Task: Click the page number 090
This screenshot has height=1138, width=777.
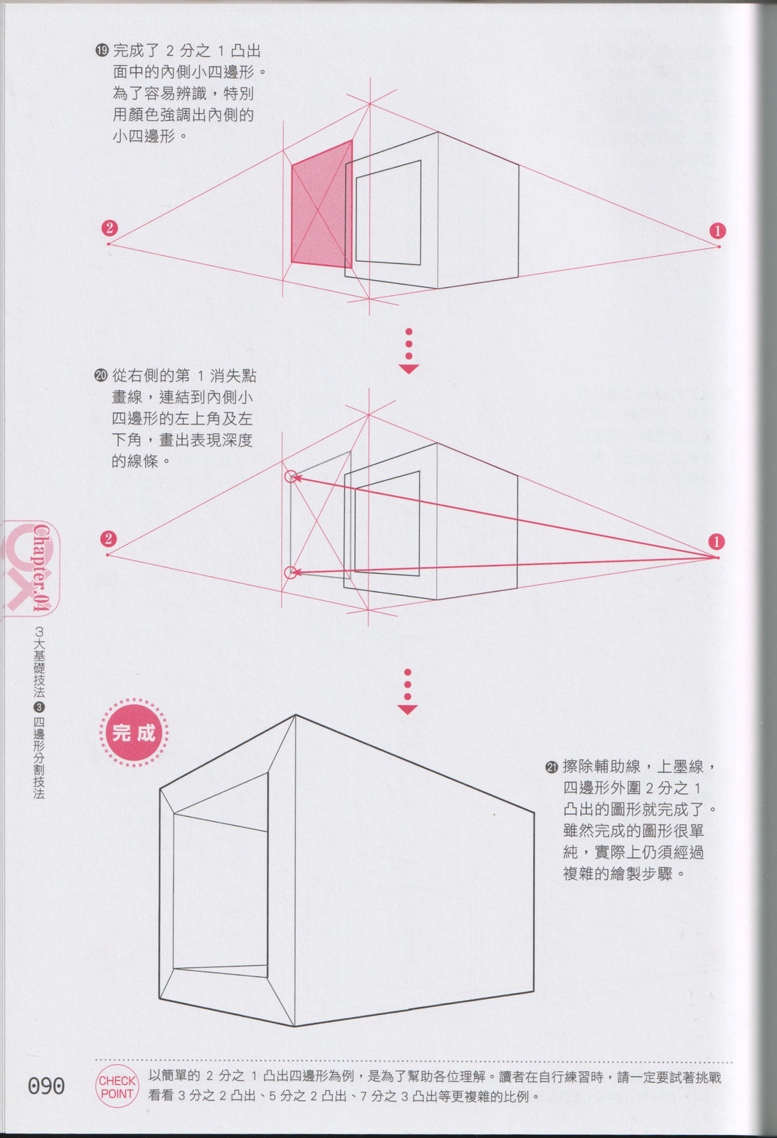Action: coord(46,1085)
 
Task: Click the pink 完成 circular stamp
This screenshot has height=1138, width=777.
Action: coord(134,733)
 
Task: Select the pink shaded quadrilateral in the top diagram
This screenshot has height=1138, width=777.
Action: coord(322,204)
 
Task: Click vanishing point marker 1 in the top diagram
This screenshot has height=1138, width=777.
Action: coord(717,231)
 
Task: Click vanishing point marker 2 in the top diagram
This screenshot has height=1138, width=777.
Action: coord(110,228)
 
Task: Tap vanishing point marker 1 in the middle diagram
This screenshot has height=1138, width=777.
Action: coord(717,541)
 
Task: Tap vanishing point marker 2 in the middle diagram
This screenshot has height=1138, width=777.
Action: coord(108,538)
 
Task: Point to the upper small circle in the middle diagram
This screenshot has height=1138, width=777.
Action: coord(290,477)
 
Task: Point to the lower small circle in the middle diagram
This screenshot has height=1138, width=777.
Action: coord(290,573)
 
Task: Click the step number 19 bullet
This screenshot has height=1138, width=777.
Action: coord(102,50)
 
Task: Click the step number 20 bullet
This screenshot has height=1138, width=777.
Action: coord(101,376)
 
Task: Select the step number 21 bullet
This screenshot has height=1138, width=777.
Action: coord(552,767)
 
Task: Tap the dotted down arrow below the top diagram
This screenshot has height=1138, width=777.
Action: coord(408,351)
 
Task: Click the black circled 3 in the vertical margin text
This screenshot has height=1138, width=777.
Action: coord(39,707)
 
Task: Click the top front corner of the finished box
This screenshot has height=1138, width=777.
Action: coord(296,716)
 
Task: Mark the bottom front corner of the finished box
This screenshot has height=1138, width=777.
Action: coord(295,1026)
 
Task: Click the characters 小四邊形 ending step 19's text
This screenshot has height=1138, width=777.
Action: coord(144,136)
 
